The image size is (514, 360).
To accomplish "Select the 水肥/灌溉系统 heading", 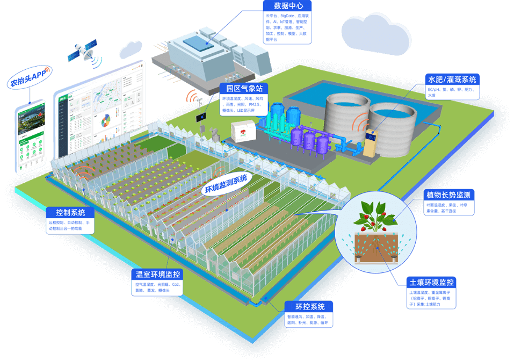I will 451,80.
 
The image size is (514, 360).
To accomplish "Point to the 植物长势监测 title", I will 448,195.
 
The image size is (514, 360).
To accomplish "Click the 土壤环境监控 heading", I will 431,282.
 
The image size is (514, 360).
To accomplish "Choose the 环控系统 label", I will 310,307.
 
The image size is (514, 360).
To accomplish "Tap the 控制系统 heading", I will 70,212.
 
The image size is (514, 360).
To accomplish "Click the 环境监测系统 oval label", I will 226,183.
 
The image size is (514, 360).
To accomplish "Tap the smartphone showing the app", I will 30,137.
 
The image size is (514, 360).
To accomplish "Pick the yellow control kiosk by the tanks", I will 372,141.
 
